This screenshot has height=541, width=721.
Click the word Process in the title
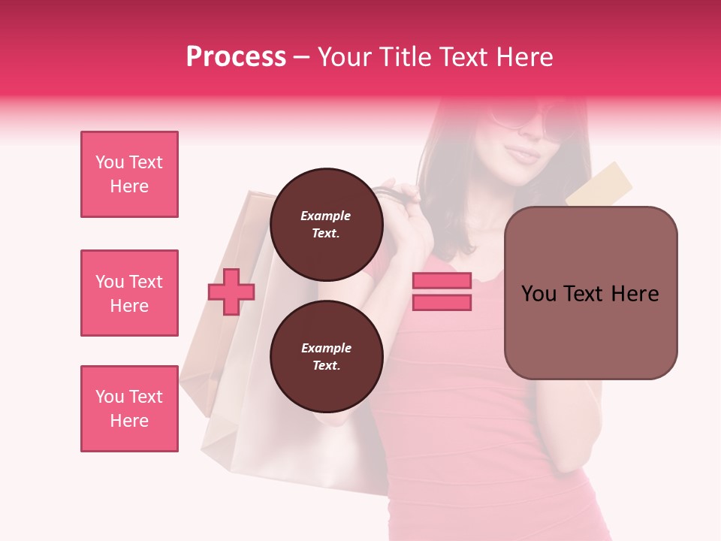(x=236, y=57)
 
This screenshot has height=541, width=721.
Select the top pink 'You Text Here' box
(x=129, y=174)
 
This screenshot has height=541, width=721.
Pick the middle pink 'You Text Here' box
(x=129, y=293)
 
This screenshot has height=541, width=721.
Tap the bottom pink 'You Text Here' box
(x=129, y=409)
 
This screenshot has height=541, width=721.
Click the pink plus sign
(x=231, y=292)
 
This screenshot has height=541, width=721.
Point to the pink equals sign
(x=442, y=292)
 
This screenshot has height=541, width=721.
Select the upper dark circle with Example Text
(x=326, y=225)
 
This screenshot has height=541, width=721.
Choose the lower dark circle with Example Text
(x=326, y=357)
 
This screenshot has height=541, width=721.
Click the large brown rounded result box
(x=590, y=293)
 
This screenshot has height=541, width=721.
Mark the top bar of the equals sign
(x=442, y=281)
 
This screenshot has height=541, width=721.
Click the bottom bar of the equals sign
(x=442, y=302)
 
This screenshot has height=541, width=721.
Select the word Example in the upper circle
(x=325, y=216)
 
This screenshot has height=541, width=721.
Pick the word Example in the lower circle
(x=326, y=348)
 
